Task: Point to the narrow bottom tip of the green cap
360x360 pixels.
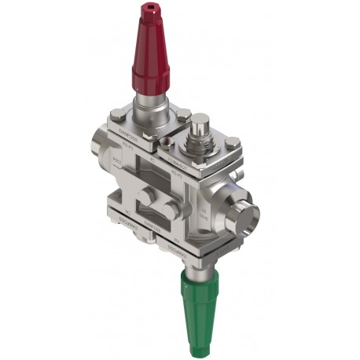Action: (x=204, y=346)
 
